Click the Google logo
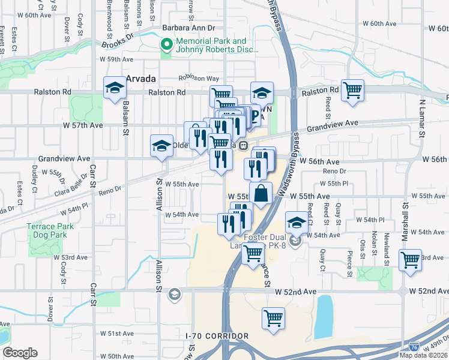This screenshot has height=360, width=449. [x=20, y=353]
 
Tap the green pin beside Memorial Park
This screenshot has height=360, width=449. [x=166, y=44]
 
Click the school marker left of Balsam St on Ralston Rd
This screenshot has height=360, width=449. [x=113, y=89]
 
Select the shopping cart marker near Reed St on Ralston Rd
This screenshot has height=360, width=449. [x=352, y=91]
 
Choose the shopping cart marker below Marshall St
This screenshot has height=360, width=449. [x=410, y=261]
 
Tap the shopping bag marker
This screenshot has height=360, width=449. [x=261, y=194]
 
